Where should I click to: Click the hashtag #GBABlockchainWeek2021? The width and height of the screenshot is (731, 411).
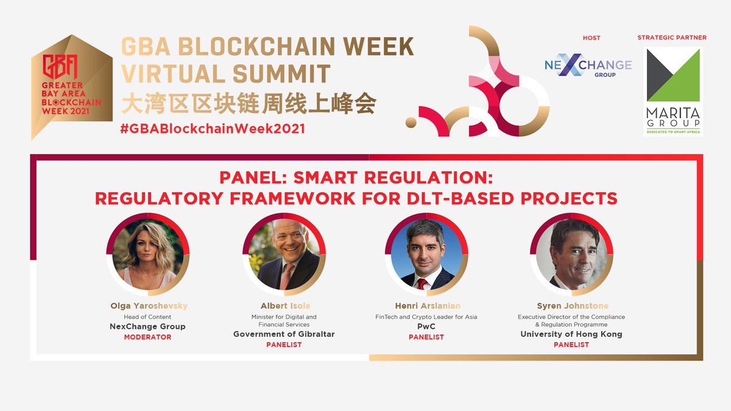coord(213,128)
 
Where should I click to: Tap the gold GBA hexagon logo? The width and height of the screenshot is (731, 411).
coord(71,85)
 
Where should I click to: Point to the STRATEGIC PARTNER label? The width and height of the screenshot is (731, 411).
coord(672,38)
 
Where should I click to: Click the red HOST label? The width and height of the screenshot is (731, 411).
coord(592,38)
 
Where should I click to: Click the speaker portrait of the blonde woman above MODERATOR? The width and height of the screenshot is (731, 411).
coord(148,255)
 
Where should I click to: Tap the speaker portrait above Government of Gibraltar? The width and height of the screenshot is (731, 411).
coord(284,255)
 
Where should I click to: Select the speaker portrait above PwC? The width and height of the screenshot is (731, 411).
coord(426,255)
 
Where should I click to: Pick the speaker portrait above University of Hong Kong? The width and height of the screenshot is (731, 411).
coord(571,255)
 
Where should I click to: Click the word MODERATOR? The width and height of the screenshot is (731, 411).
coord(148,337)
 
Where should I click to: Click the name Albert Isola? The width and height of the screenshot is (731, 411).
coord(284,306)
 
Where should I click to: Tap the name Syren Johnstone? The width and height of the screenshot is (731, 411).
coord(571,306)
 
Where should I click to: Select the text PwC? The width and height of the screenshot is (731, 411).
coord(426,326)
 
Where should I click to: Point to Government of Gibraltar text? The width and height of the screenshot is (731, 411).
coord(284,334)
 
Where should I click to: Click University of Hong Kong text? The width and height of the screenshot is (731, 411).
coord(571,334)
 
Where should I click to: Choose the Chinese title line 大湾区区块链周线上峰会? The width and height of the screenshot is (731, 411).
coord(249,104)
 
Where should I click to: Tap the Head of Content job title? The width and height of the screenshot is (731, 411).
coord(148,317)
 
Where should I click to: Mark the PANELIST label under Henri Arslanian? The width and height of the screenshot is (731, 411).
coord(426,337)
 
